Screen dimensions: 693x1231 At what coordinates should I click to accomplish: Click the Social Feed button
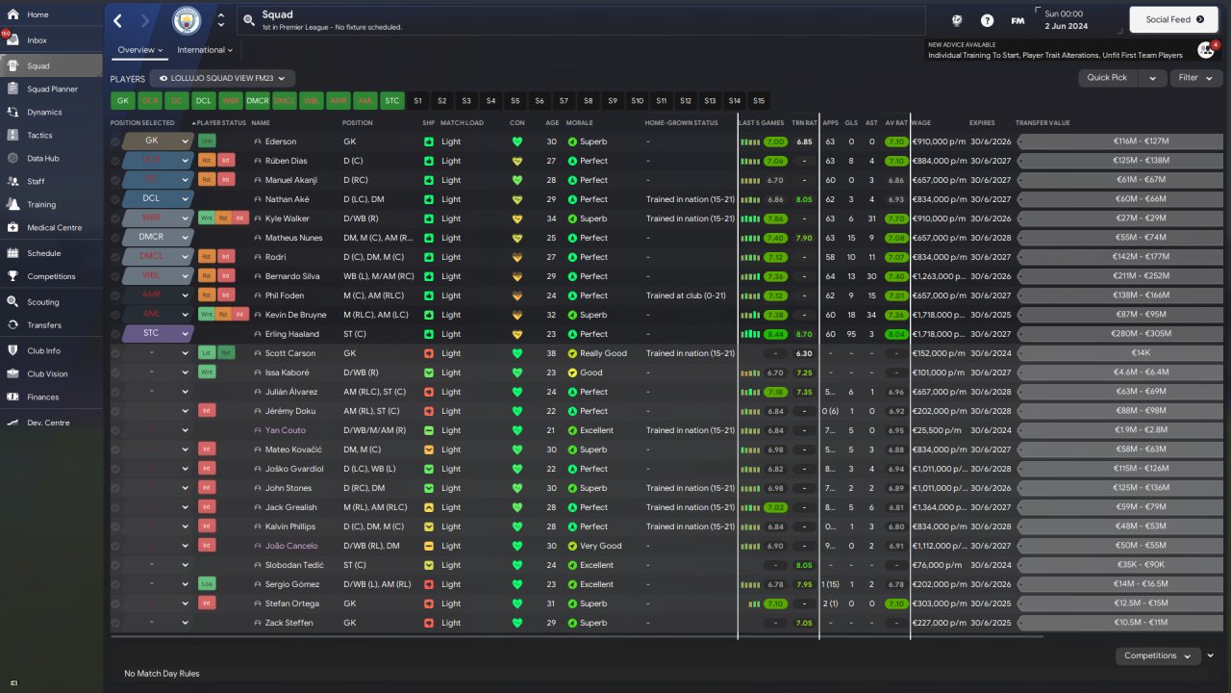point(1173,19)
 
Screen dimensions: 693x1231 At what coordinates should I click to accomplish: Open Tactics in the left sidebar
point(39,135)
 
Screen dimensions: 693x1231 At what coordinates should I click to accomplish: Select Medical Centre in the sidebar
point(54,228)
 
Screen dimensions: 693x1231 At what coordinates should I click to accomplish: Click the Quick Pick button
point(1107,78)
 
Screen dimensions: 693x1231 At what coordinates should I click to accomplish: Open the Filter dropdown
point(1195,78)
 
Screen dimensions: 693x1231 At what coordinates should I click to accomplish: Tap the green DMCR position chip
point(258,100)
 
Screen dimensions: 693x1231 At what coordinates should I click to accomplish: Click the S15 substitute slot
point(759,100)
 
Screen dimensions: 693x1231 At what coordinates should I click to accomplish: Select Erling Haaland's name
point(289,334)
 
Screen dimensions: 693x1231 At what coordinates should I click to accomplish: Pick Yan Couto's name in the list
point(285,430)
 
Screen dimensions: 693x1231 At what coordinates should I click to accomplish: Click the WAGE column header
point(921,123)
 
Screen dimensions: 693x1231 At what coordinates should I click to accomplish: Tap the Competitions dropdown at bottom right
point(1157,656)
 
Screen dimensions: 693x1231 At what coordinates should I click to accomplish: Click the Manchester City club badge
point(187,20)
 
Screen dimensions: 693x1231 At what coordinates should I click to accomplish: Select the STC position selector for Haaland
point(158,334)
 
